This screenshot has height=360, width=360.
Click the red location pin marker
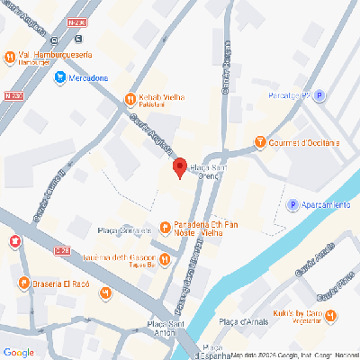[x=179, y=167]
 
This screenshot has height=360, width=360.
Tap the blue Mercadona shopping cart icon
[x=59, y=78]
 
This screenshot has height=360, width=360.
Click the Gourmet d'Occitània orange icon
[x=261, y=142]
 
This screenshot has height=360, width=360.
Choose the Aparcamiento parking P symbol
[x=292, y=205]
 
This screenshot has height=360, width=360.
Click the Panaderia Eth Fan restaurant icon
[x=165, y=226]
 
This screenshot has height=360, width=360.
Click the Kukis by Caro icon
[x=332, y=315]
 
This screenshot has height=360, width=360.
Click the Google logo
[x=19, y=351]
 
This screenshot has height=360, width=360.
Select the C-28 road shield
[x=62, y=251]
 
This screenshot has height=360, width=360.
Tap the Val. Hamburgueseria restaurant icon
[x=10, y=57]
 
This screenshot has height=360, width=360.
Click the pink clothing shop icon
[x=14, y=241]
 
